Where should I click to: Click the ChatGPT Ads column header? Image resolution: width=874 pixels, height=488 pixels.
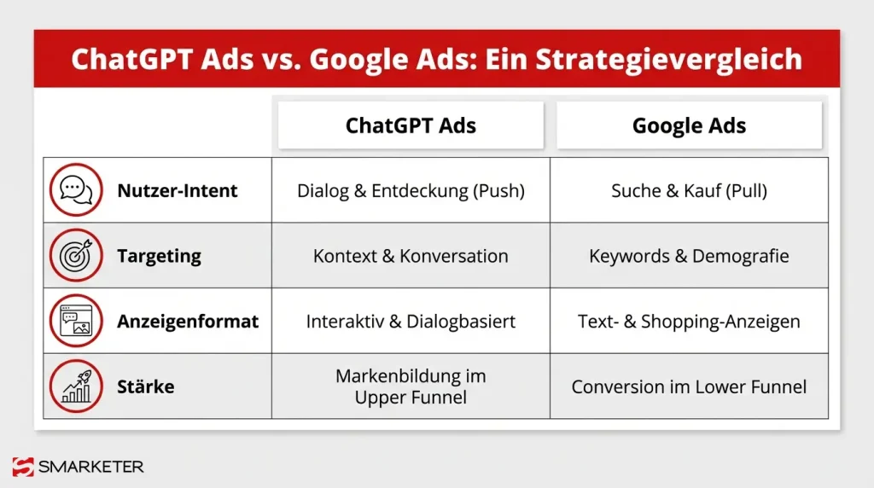pyautogui.click(x=411, y=126)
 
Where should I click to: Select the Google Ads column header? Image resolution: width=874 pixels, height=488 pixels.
pyautogui.click(x=689, y=126)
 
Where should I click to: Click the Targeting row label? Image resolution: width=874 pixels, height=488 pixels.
pyautogui.click(x=159, y=256)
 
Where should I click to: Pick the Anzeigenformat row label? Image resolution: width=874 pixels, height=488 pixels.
pyautogui.click(x=188, y=322)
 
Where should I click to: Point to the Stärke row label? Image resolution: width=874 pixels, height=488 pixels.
pyautogui.click(x=145, y=386)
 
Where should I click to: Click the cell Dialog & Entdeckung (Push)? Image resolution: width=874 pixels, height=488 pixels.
pyautogui.click(x=411, y=190)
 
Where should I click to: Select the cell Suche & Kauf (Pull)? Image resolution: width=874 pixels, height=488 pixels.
pyautogui.click(x=689, y=190)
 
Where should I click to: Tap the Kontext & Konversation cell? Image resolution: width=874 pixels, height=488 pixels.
pyautogui.click(x=411, y=256)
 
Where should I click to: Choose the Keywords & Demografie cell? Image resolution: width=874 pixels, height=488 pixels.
pyautogui.click(x=689, y=256)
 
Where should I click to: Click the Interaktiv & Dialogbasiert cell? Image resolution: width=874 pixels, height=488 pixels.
pyautogui.click(x=411, y=322)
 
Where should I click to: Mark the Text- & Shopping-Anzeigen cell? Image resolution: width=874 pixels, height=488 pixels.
pyautogui.click(x=689, y=322)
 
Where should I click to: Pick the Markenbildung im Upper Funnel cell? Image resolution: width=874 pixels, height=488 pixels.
pyautogui.click(x=411, y=386)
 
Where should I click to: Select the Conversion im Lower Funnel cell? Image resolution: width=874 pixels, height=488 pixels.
pyautogui.click(x=689, y=386)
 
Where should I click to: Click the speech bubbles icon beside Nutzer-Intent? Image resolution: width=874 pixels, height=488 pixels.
pyautogui.click(x=77, y=190)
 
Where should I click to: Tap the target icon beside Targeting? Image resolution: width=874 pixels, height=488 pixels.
pyautogui.click(x=77, y=256)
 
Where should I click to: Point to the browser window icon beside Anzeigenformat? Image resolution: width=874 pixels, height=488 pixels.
pyautogui.click(x=77, y=322)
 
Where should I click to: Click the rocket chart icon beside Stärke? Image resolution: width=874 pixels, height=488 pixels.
pyautogui.click(x=77, y=386)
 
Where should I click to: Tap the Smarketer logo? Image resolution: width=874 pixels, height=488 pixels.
pyautogui.click(x=78, y=467)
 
